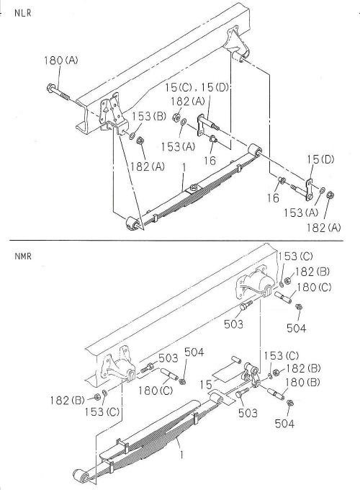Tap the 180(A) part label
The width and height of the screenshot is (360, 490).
[x=61, y=61]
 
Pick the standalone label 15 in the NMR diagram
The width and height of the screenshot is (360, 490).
[x=209, y=386]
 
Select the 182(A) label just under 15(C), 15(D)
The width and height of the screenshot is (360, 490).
[x=186, y=101]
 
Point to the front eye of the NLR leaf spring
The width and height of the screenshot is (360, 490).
[x=132, y=223]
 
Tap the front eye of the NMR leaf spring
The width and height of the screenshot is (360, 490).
[x=79, y=476]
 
